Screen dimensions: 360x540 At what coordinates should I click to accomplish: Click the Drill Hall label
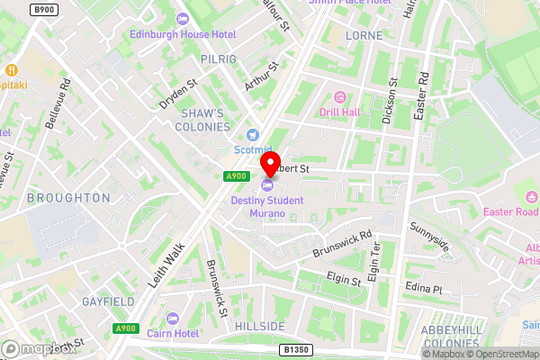point(340,112)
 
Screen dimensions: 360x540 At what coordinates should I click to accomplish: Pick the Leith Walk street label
point(168,262)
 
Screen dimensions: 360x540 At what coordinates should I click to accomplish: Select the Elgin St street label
point(344,280)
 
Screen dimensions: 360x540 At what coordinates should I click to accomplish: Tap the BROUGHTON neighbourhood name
point(68,197)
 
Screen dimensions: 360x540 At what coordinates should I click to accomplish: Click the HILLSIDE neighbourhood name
point(260,325)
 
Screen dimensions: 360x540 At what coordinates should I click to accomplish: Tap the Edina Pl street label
point(425,289)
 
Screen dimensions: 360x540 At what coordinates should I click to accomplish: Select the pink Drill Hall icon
point(340,96)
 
